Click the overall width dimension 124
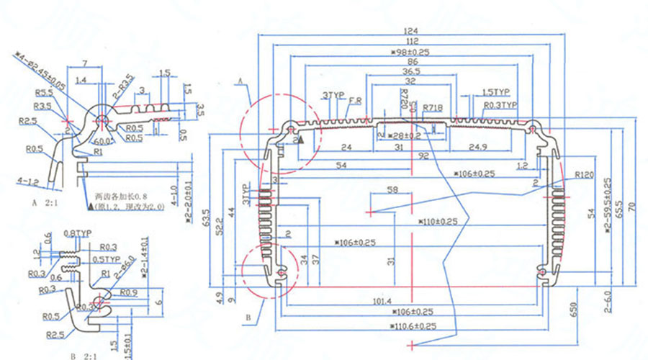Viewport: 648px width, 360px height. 411,31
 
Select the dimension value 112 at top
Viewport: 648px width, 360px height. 411,42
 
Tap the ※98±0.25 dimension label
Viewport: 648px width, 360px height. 410,53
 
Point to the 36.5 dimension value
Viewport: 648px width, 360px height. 411,72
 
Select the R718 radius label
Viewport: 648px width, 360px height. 433,107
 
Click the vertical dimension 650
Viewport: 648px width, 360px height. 573,309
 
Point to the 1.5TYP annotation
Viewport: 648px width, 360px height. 495,93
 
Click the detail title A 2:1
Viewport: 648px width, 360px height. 44,204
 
